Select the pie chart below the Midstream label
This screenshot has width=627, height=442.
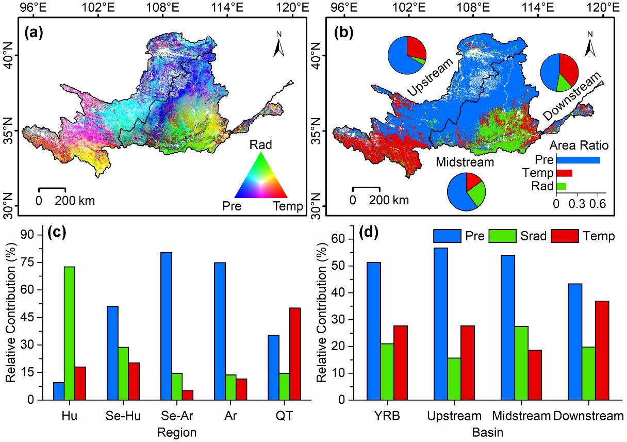466,192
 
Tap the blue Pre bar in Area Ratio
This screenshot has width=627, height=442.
577,160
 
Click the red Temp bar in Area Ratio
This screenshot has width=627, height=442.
564,173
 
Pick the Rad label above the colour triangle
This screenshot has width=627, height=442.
261,144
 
